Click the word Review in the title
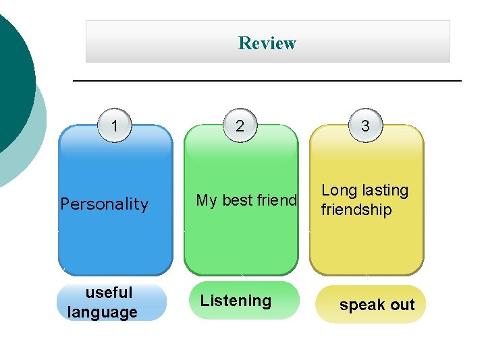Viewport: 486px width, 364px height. [267, 43]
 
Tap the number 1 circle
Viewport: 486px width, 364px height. [115, 126]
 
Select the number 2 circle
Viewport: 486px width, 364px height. [240, 126]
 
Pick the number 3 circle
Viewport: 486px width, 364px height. [365, 126]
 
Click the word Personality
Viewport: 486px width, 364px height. [104, 204]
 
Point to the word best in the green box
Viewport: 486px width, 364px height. [237, 200]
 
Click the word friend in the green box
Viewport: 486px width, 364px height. [276, 200]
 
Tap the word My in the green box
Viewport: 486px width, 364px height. [207, 200]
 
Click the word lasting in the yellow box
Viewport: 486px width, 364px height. [385, 191]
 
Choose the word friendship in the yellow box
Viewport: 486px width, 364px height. [356, 210]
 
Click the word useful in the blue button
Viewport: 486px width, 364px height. [109, 293]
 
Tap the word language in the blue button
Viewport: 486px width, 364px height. [103, 312]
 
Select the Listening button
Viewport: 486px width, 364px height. [236, 301]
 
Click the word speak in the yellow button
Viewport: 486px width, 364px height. [362, 305]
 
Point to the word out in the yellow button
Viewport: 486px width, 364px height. [402, 305]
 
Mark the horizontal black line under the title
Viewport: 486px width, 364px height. [267, 81]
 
